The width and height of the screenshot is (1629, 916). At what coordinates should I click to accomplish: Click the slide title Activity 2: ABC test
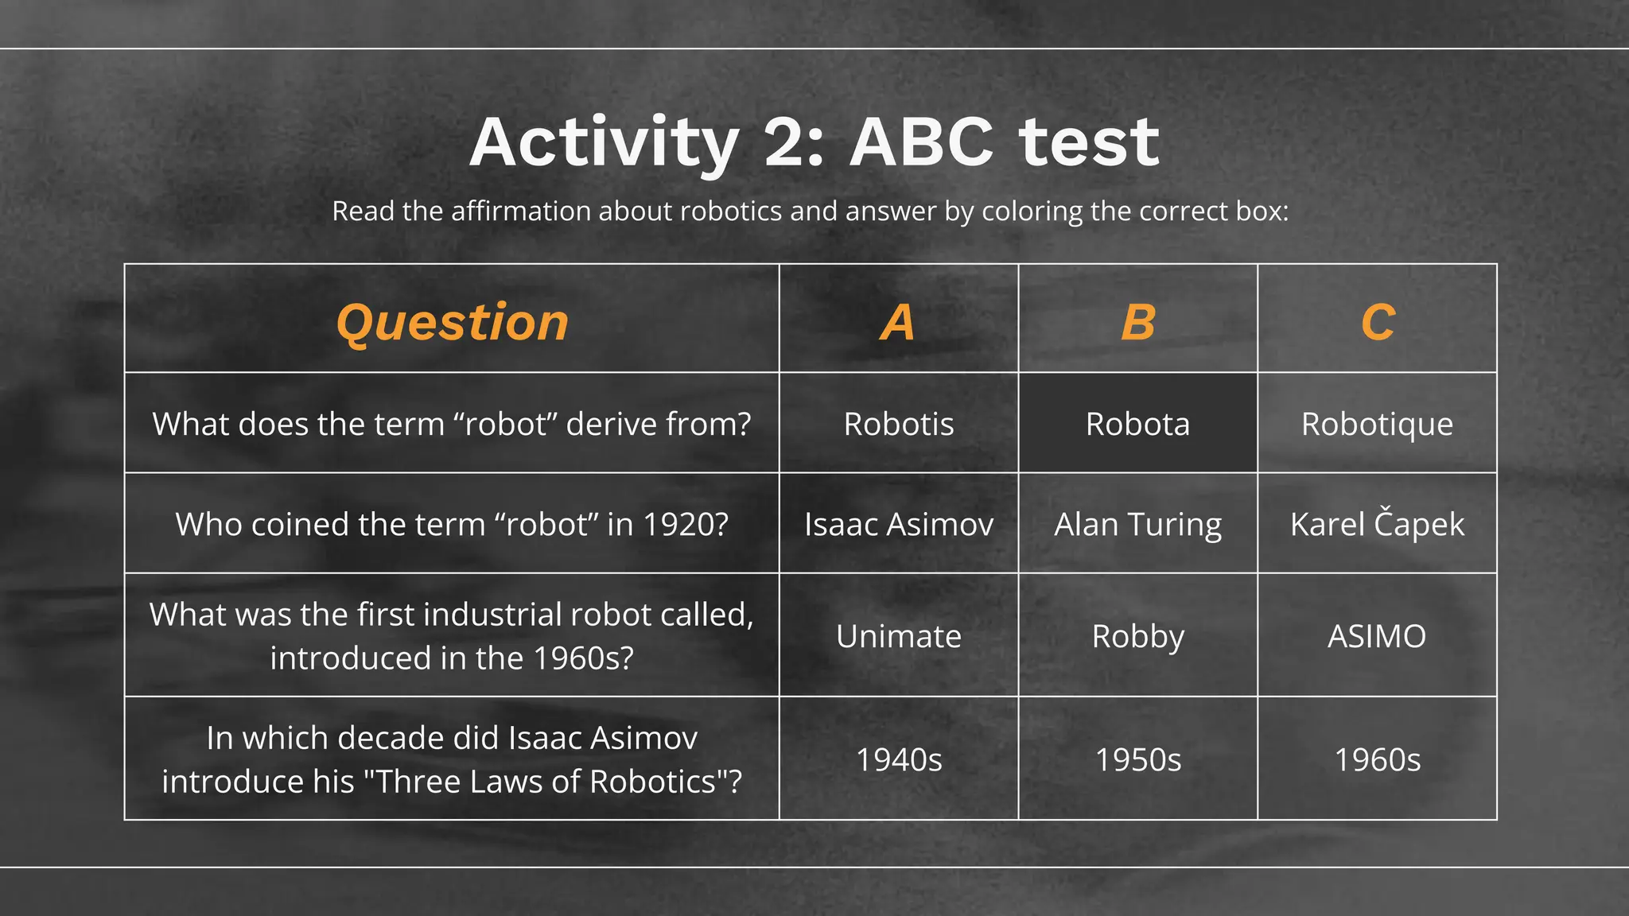(814, 143)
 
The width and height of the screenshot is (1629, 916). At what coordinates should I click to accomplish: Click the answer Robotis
(898, 424)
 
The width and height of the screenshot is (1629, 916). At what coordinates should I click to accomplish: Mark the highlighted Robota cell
(1137, 424)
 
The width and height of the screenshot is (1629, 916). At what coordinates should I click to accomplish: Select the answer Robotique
(1377, 424)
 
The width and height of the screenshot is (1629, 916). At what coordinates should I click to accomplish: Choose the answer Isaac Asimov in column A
(898, 524)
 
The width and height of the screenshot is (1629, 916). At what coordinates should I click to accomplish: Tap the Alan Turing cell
(1137, 524)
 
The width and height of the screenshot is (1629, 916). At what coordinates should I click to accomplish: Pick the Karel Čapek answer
(1377, 524)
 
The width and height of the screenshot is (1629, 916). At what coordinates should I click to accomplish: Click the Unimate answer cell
(898, 636)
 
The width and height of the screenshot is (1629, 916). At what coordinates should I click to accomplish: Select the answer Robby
(1137, 636)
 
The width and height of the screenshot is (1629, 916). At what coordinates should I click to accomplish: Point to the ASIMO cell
(1377, 636)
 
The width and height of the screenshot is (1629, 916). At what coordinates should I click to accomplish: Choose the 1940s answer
(898, 759)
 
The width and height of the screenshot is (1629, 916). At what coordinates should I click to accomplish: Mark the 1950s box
(1137, 759)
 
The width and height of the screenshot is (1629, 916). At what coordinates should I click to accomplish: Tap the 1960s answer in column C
(1377, 759)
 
